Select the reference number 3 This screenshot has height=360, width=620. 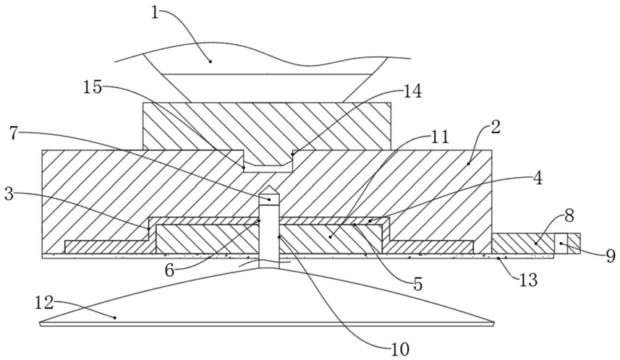click(x=10, y=194)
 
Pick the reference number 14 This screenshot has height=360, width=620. click(x=412, y=92)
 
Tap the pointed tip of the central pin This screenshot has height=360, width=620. click(x=268, y=194)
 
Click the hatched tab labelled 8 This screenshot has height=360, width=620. click(x=521, y=244)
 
